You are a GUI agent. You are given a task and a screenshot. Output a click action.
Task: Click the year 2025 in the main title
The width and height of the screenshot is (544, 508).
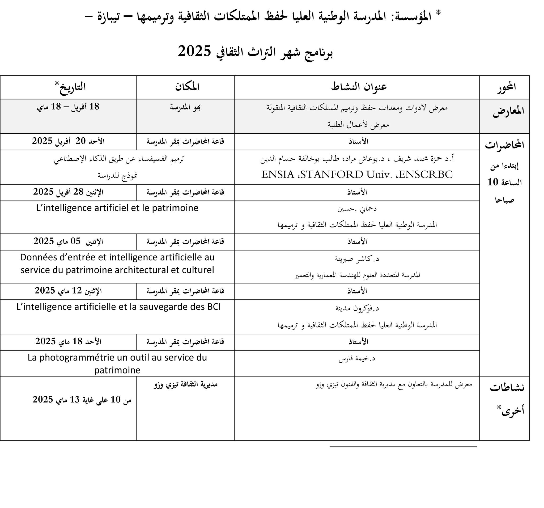point(194,51)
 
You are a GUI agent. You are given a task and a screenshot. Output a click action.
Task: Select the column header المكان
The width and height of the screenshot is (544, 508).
point(187,87)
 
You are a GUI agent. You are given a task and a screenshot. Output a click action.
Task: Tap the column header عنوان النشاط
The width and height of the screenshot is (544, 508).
point(359,87)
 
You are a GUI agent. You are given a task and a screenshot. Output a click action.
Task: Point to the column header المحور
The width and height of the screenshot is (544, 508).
point(506,87)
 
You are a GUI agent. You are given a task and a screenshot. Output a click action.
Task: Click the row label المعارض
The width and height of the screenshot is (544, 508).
point(508,111)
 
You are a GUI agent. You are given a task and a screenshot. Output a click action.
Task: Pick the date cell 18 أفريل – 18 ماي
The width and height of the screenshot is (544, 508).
point(68,107)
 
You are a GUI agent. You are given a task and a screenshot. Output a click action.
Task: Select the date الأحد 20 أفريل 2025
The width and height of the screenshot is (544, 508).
point(68,141)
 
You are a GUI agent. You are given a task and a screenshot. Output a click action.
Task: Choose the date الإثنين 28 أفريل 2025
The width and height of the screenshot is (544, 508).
point(68,192)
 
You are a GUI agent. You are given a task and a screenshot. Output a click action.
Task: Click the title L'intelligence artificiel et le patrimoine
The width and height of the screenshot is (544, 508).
point(117,208)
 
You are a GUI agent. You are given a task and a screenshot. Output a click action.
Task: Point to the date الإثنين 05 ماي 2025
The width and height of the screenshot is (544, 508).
point(68,241)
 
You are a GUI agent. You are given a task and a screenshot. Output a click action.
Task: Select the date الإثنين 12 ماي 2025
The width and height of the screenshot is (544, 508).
point(68,291)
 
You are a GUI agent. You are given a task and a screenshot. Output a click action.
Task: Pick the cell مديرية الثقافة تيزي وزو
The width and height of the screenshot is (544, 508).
point(185,384)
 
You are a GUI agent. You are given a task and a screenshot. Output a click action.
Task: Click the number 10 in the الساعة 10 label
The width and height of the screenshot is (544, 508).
point(493,182)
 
